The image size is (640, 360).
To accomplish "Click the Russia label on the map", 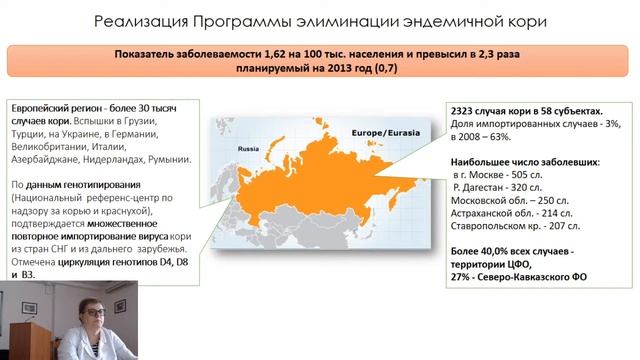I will [x=248, y=148].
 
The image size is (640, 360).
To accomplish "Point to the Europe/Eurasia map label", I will [x=377, y=131].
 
